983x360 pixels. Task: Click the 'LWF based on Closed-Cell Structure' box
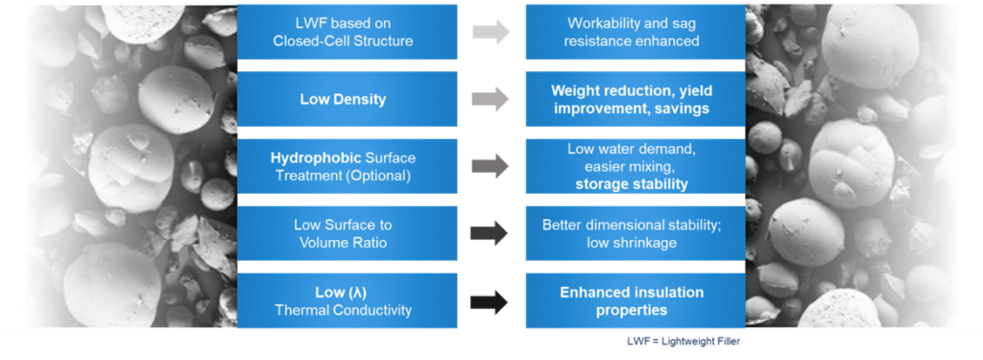[x=347, y=32]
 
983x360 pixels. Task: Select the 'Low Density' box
[x=347, y=99]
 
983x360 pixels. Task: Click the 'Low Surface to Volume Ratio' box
[x=347, y=233]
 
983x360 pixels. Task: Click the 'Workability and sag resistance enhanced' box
[x=635, y=32]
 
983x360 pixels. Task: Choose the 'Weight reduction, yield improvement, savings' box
[x=635, y=99]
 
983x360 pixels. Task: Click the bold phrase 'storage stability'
[x=632, y=184]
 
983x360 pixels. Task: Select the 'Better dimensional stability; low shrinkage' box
[x=635, y=233]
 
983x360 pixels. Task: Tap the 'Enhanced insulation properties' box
[x=635, y=300]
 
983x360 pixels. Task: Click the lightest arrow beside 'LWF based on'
[x=491, y=32]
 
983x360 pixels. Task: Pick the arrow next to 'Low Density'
[x=491, y=99]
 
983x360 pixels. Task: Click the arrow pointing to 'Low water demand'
[x=491, y=166]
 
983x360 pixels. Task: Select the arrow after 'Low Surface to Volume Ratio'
[x=491, y=233]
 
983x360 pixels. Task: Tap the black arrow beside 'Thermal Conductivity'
[x=491, y=301]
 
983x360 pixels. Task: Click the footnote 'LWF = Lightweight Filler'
[x=688, y=341]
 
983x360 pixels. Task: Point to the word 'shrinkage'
[x=648, y=243]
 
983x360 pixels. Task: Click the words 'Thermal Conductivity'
[x=347, y=310]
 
